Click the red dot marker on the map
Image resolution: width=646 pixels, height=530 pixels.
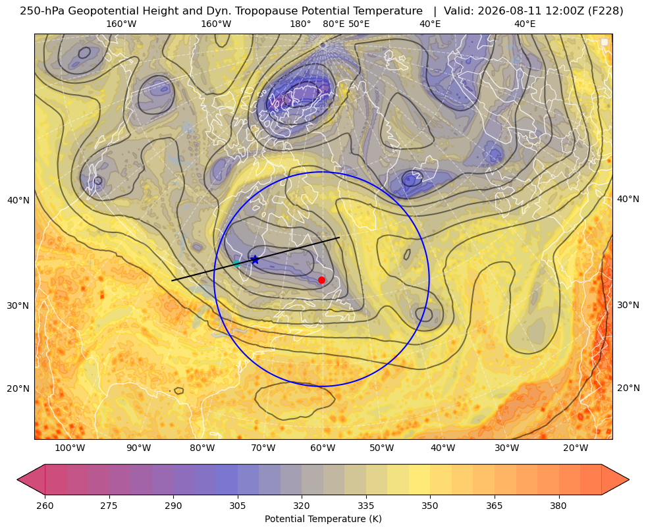pos(321,280)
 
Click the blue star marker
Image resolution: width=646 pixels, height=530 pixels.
pos(255,260)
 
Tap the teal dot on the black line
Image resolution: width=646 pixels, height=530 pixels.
pos(237,263)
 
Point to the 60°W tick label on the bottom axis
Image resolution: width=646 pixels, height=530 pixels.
pos(323,448)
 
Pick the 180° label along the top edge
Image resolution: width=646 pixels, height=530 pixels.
pos(300,24)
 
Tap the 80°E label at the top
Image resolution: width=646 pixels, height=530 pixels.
pos(333,24)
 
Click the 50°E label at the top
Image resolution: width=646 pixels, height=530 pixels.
pos(359,24)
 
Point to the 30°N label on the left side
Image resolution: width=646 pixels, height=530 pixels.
pos(18,305)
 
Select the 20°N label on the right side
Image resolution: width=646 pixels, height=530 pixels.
pos(628,388)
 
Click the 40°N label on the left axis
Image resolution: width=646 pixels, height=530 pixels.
pos(18,200)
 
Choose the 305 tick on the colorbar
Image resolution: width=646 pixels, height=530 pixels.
pos(237,506)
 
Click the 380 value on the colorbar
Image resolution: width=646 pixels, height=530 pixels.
pos(558,506)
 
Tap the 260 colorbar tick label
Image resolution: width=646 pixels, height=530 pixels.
pos(45,506)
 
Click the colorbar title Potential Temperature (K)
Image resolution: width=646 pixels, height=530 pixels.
pos(323,519)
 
